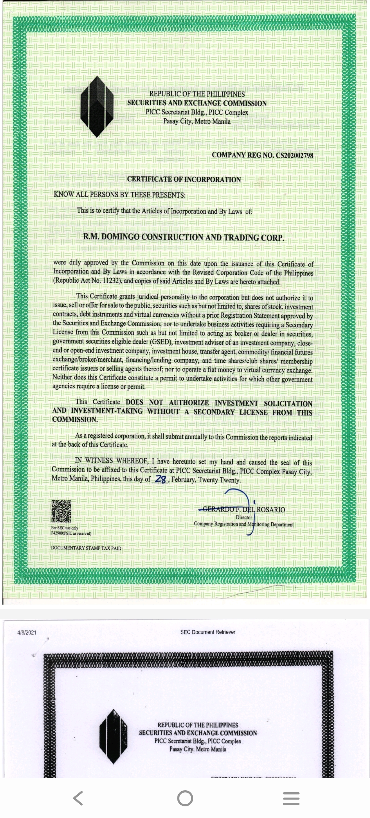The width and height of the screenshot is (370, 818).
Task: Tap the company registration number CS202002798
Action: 295,155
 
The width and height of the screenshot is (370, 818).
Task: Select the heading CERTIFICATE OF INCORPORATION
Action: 184,179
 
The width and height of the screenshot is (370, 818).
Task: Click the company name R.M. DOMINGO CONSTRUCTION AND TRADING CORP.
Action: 184,237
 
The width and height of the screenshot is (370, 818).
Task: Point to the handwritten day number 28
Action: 160,479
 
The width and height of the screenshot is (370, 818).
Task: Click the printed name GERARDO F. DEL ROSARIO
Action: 244,509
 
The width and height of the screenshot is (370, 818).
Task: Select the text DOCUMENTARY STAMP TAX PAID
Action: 86,548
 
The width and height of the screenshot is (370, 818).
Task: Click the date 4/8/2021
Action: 27,632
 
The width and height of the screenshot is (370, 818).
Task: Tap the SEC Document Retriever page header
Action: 208,632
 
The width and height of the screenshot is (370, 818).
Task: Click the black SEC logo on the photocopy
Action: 113,736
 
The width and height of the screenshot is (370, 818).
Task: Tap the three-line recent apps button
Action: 291,798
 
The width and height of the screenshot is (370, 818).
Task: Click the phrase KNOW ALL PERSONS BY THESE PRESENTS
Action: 119,195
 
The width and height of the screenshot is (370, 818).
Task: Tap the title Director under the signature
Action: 244,517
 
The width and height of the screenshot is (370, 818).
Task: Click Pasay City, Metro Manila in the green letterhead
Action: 197,121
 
